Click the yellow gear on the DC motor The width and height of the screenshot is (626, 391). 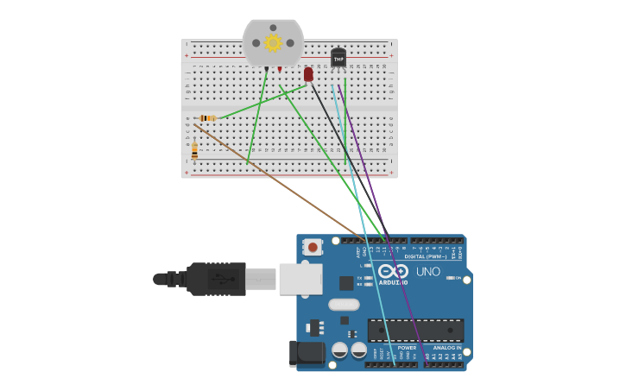(273, 42)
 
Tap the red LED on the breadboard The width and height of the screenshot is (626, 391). (308, 75)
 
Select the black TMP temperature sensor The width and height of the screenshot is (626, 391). (338, 58)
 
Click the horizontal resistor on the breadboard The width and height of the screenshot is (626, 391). (207, 117)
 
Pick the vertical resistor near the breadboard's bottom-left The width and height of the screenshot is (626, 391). (194, 151)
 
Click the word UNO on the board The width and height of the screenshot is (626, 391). (428, 272)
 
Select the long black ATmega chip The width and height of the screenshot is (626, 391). (415, 331)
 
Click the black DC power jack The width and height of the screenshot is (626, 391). (307, 352)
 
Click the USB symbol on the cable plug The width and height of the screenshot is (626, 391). (223, 279)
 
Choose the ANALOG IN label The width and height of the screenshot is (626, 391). (446, 347)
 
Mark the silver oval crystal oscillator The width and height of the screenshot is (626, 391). (344, 304)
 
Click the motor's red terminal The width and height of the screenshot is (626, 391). (280, 69)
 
